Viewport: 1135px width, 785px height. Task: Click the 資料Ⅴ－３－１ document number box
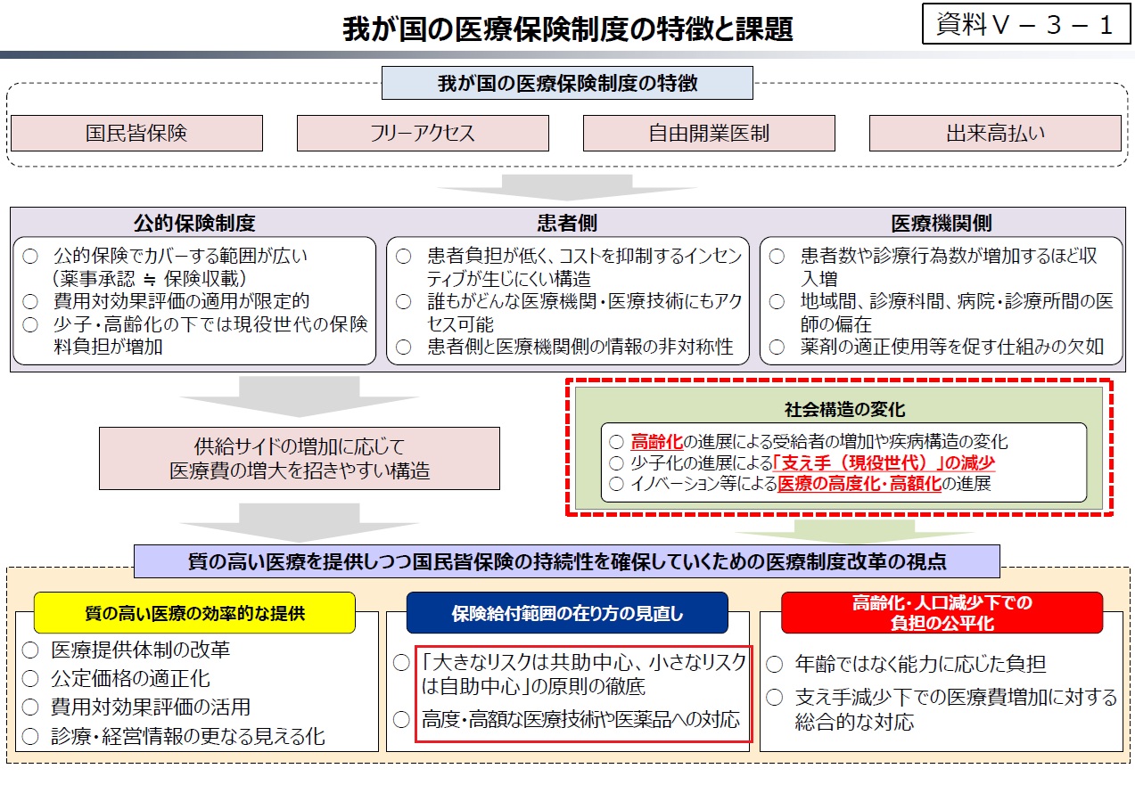(x=1026, y=24)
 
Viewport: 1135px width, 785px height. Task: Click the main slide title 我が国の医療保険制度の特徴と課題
(x=567, y=29)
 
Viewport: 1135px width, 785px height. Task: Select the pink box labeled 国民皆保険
(x=136, y=133)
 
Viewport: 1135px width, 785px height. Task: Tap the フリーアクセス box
(x=423, y=133)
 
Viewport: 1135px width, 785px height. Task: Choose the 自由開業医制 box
(x=709, y=133)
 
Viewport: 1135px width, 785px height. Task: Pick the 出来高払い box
(x=995, y=133)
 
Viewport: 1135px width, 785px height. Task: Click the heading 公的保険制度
(x=194, y=223)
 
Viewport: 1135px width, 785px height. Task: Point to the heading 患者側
(x=567, y=223)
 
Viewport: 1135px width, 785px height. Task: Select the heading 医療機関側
(x=942, y=223)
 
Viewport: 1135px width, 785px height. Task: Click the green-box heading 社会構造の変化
(x=844, y=409)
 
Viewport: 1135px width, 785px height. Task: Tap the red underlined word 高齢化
(x=657, y=442)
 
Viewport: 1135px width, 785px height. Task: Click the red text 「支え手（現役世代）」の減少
(x=884, y=462)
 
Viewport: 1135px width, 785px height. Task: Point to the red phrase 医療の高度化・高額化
(x=859, y=484)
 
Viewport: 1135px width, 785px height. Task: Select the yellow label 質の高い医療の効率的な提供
(x=194, y=613)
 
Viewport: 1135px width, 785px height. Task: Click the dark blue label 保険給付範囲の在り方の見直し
(x=567, y=613)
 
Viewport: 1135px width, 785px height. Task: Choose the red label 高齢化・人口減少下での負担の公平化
(x=942, y=613)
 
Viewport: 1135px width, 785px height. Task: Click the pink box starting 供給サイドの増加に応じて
(x=300, y=458)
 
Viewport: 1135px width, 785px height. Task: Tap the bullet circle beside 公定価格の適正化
(x=30, y=679)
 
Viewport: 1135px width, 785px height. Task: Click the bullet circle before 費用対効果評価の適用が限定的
(x=30, y=301)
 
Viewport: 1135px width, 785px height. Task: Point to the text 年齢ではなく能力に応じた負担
(x=920, y=664)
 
